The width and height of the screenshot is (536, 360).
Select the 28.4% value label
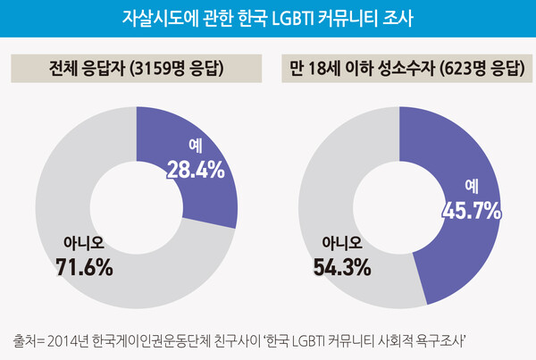click(195, 171)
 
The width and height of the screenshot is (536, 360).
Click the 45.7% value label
click(472, 210)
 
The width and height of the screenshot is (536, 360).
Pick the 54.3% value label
click(344, 265)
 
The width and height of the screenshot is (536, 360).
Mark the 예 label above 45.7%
click(473, 187)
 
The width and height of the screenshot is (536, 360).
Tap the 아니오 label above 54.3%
click(343, 242)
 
